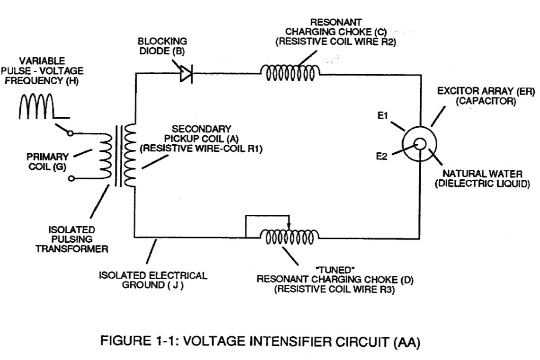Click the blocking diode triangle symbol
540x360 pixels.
point(186,73)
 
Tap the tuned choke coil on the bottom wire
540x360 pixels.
point(289,237)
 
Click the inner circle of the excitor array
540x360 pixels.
point(420,144)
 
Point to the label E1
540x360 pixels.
point(382,115)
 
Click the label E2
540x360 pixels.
point(381,156)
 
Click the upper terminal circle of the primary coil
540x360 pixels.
point(70,133)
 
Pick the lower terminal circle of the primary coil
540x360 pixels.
point(71,178)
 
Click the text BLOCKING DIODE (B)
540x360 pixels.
point(162,46)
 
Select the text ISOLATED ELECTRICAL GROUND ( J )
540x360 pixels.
point(153,280)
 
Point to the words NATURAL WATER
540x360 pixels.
point(482,174)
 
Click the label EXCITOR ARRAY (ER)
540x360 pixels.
point(486,91)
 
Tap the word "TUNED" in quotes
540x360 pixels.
point(335,270)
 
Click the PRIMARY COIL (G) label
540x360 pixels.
point(47,162)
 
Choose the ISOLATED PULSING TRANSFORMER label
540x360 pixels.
point(71,239)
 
